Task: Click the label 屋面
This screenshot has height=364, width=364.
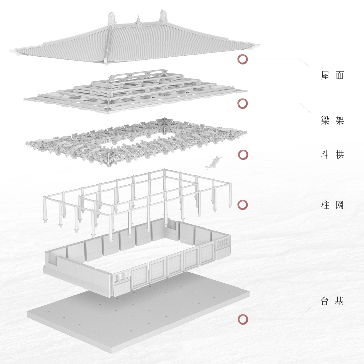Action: (332, 75)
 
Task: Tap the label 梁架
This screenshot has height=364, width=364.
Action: (332, 120)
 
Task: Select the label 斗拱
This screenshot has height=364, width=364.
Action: (332, 155)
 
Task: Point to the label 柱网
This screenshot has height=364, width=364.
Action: (332, 205)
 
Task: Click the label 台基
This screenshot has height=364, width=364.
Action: (332, 301)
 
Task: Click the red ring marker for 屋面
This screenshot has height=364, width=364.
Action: (243, 59)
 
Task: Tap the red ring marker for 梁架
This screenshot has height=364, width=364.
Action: (243, 103)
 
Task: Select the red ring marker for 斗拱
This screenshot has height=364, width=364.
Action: (243, 155)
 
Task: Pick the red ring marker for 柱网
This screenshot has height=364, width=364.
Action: (243, 205)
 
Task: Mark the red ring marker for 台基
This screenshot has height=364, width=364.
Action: (243, 319)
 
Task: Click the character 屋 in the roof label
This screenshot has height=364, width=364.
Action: (325, 75)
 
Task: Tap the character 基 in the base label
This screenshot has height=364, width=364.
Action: (339, 301)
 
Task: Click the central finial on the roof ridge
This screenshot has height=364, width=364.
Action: (138, 20)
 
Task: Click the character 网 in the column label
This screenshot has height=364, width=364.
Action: (339, 205)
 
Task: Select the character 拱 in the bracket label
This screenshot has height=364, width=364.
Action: (339, 155)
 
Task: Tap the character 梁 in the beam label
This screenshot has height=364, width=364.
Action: (325, 120)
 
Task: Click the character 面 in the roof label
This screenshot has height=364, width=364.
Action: (339, 75)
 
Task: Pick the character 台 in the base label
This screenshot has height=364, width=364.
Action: (325, 301)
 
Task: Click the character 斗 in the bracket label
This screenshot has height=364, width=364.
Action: (325, 155)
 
